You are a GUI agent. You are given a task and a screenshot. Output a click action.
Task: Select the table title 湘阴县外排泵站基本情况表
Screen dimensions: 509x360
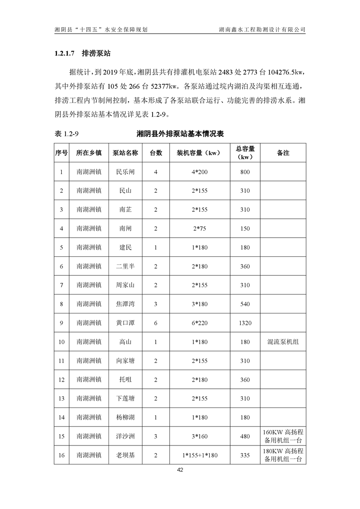[180, 134]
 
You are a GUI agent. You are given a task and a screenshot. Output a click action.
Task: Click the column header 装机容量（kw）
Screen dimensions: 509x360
[199, 153]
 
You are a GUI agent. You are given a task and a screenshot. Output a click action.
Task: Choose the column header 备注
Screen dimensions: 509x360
[283, 153]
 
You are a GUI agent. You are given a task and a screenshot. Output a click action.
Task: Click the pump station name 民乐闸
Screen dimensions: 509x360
[125, 172]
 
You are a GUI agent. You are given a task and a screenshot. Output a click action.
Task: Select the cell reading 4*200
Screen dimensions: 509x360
[199, 172]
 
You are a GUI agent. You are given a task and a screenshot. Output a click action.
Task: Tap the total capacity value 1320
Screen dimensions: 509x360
[245, 323]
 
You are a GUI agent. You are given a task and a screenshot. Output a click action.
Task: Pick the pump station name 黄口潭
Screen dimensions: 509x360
[125, 323]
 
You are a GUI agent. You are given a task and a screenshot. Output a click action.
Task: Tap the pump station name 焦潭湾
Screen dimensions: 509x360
[125, 304]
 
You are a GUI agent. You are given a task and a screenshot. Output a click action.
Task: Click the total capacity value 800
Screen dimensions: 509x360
[245, 172]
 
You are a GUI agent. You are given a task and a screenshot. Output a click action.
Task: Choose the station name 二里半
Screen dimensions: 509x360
[125, 266]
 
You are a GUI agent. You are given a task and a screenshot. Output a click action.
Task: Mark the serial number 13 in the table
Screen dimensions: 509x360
[61, 398]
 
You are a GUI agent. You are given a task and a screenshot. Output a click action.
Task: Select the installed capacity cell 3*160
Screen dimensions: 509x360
[199, 436]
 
